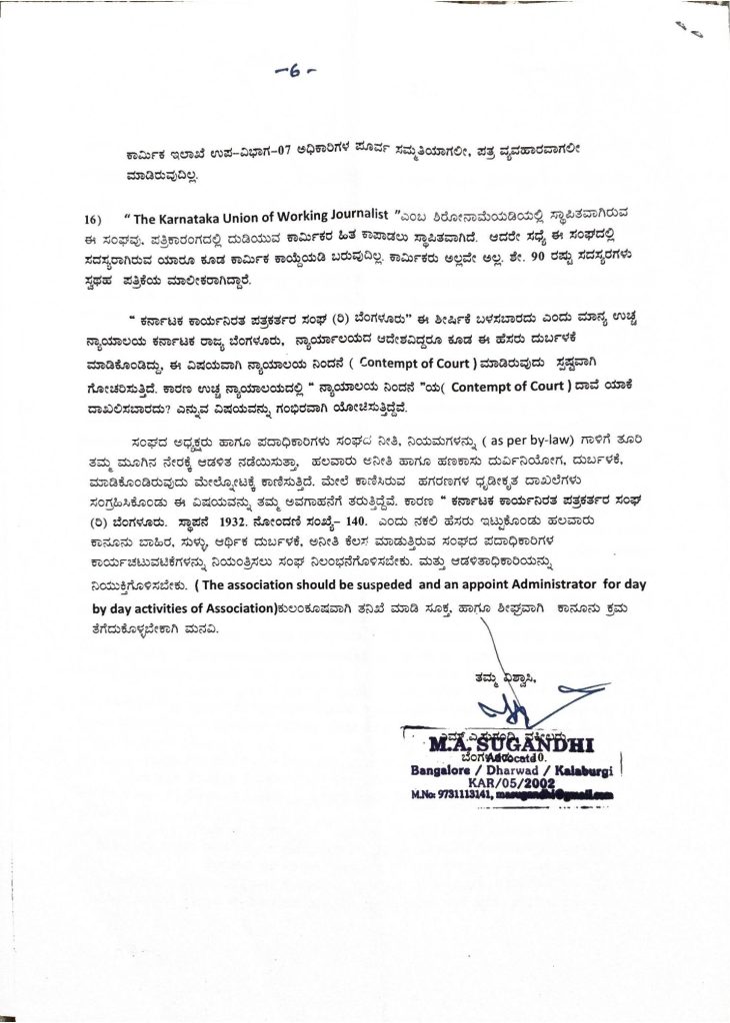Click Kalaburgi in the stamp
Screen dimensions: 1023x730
coord(590,770)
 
